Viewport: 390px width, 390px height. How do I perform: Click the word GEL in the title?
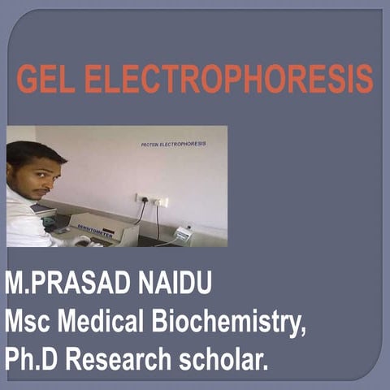[47, 79]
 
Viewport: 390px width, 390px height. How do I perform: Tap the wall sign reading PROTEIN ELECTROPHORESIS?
[174, 144]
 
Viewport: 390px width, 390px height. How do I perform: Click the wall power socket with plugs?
[151, 199]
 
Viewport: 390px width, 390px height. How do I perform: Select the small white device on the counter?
[184, 234]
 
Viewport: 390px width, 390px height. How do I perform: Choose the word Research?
[123, 358]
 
